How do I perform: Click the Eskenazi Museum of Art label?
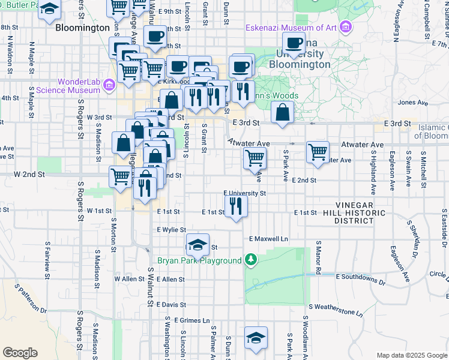point(291,28)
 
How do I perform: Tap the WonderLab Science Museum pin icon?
point(108,86)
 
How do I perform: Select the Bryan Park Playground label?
point(199,260)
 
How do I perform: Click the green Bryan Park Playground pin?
point(251,260)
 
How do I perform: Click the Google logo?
point(20,352)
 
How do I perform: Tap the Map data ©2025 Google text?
point(411,355)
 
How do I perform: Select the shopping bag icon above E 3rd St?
point(282,112)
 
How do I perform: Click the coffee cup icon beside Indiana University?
point(294,43)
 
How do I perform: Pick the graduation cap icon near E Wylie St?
point(197,245)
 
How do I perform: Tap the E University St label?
point(244,193)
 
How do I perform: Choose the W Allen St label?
point(125,279)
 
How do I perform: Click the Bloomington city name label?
point(83,28)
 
